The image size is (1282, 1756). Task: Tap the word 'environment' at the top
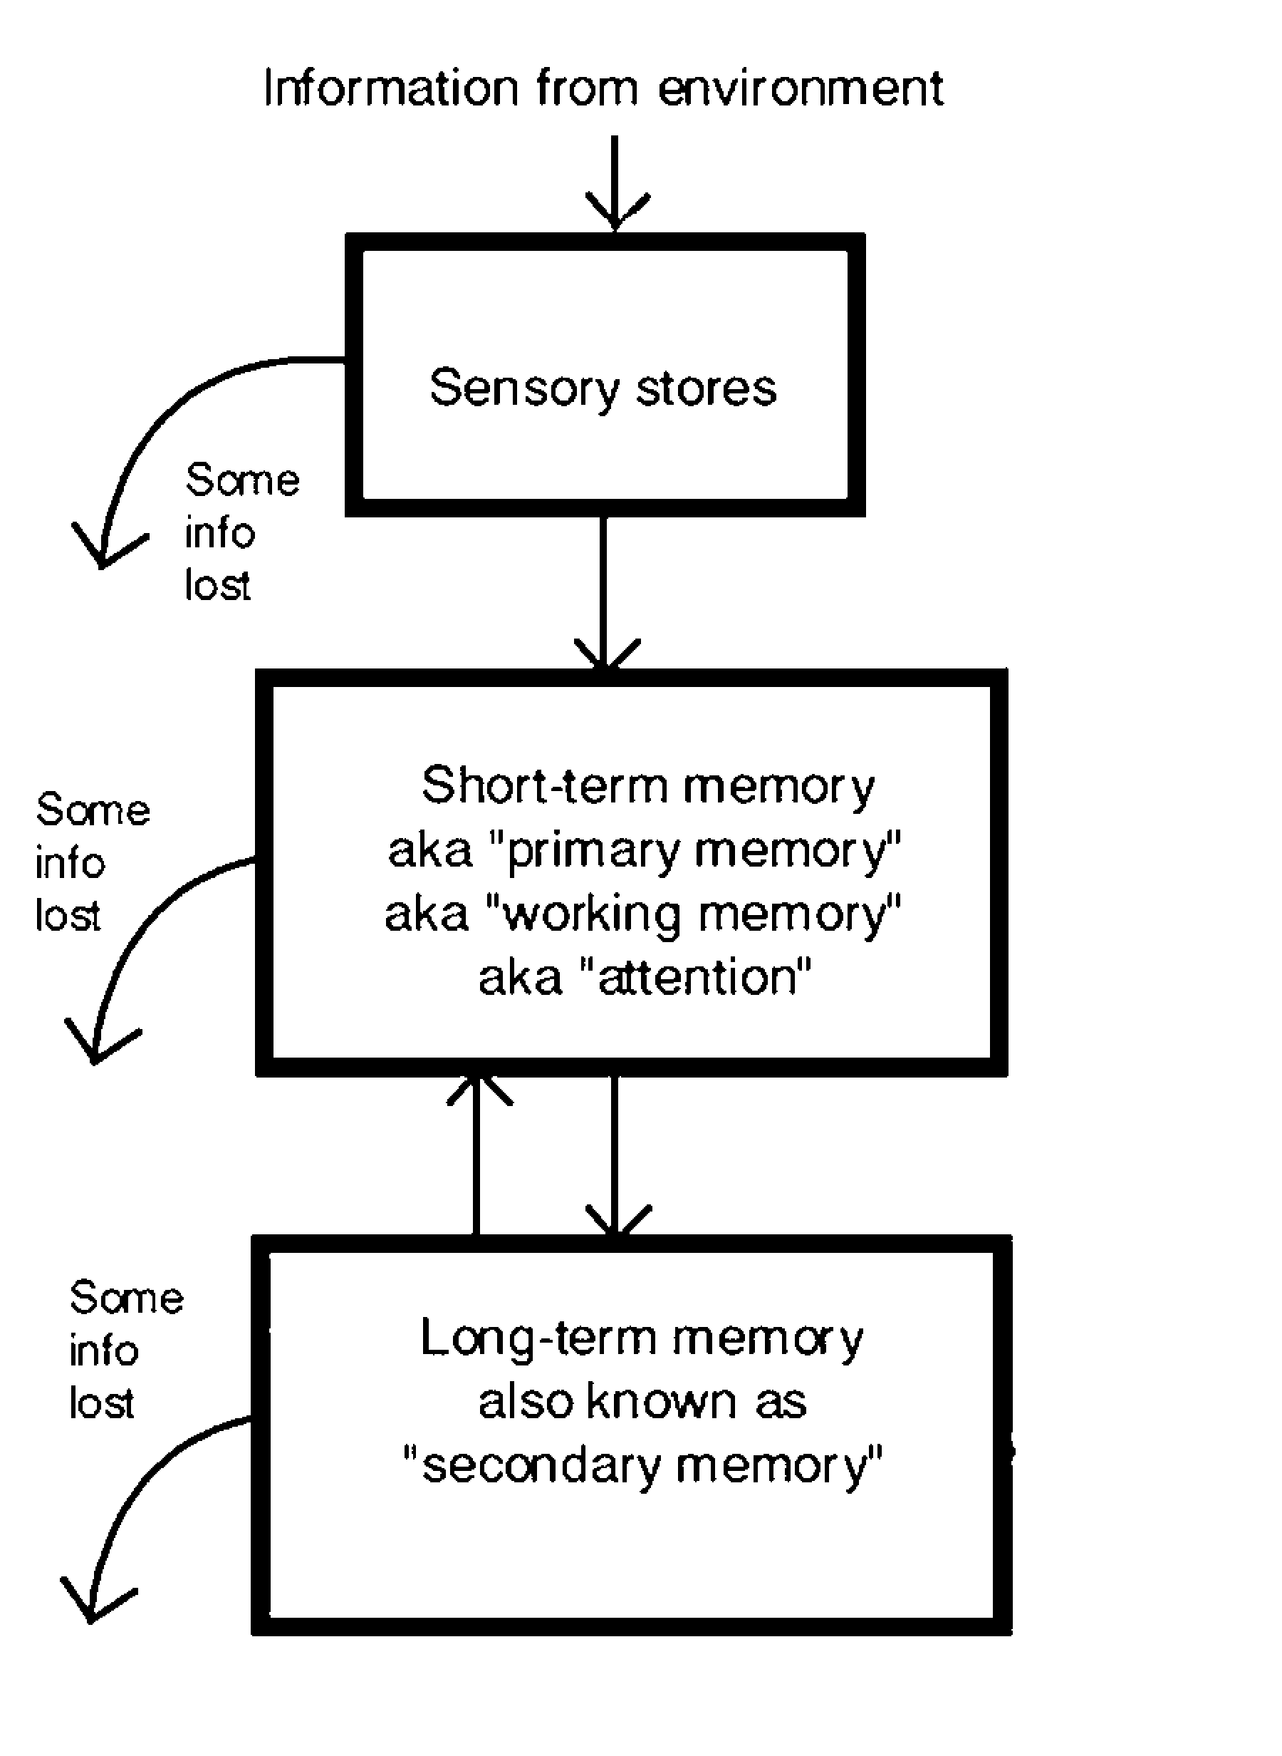[800, 88]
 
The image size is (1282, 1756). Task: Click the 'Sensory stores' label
[603, 388]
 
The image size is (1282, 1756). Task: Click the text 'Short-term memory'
[648, 785]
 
